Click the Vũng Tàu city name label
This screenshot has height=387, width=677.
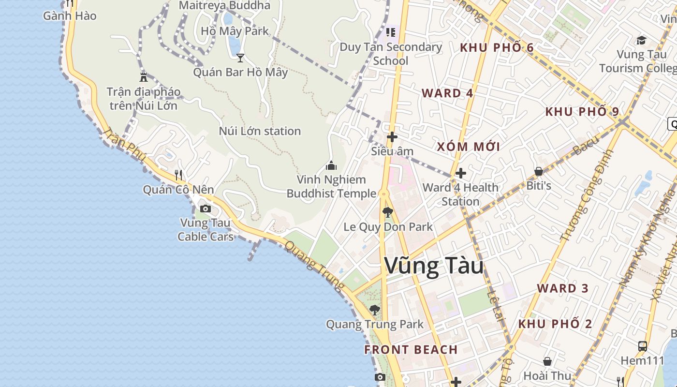coord(434,266)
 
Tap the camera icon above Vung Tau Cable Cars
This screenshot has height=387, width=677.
coord(206,209)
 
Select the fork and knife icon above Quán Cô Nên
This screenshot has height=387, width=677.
coord(178,175)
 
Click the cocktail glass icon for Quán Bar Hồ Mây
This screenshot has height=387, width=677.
coord(240,58)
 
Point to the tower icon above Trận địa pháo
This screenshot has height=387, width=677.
coord(144,76)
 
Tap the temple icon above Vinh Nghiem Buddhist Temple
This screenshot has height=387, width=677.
coord(331,165)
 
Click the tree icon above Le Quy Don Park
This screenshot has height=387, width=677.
coord(387,212)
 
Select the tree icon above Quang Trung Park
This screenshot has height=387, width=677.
coord(374,310)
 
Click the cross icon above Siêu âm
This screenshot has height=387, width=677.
coord(392,137)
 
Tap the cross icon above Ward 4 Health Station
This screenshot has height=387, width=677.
coord(461,173)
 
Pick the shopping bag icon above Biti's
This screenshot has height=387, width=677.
coord(539,171)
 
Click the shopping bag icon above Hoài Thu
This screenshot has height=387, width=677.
coord(547,361)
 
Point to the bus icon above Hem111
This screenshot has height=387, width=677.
coord(642,346)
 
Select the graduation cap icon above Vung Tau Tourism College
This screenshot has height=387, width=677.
coord(641,40)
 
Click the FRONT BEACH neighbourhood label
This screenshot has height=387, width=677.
coord(411,350)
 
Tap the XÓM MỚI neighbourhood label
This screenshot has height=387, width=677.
coord(468,147)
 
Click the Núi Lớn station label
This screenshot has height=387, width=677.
coord(260,131)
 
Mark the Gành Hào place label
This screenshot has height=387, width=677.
coord(70,16)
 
